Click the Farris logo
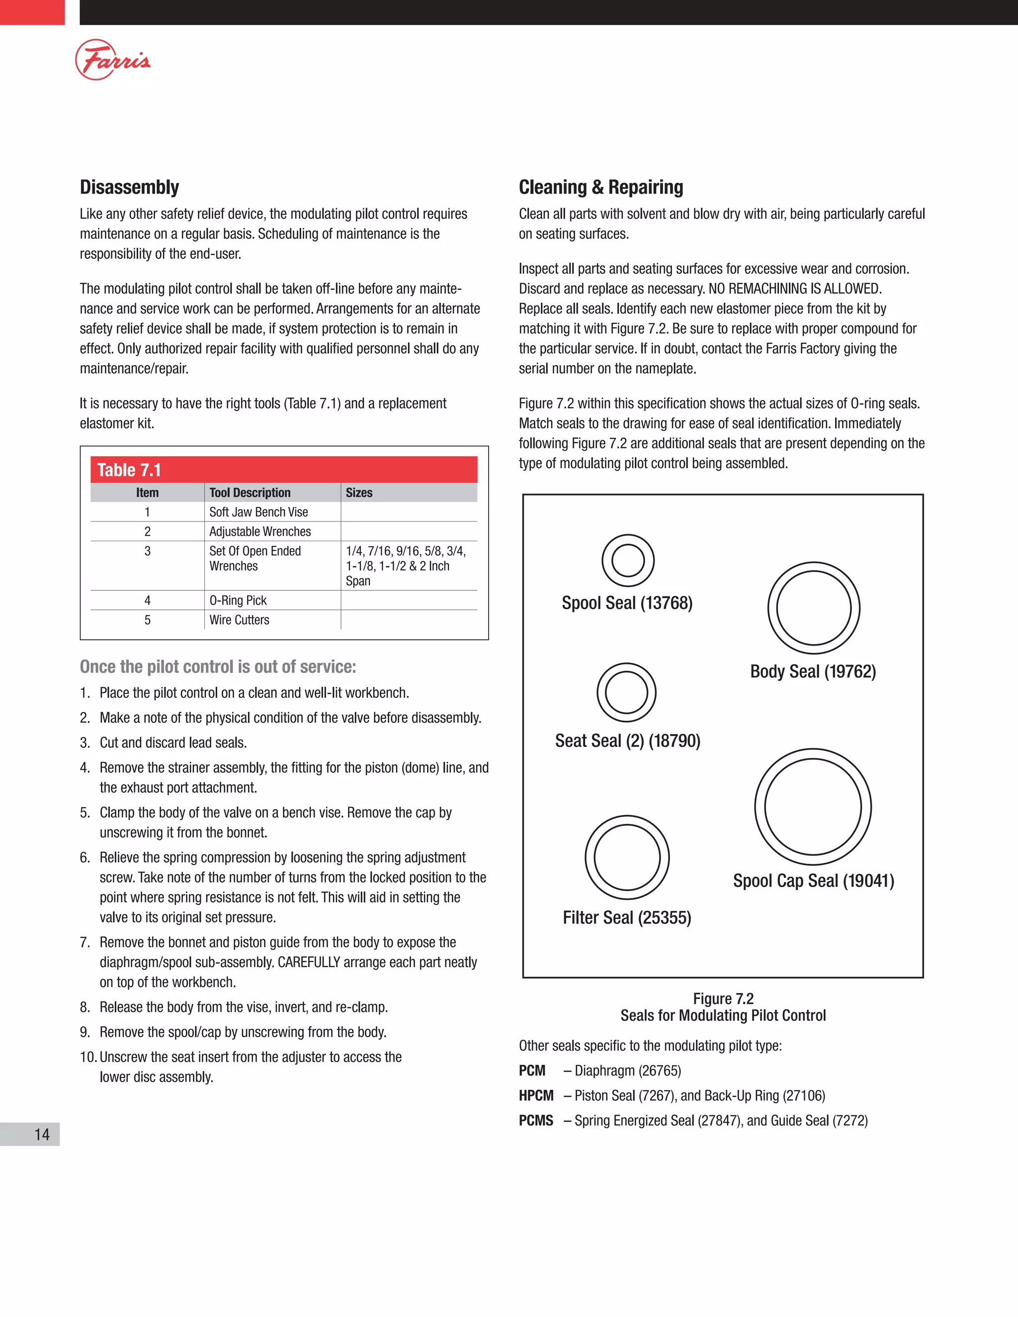click(x=112, y=60)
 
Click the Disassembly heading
click(x=129, y=187)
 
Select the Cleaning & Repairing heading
click(x=600, y=187)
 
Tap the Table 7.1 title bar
click(x=283, y=470)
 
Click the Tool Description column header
click(x=250, y=493)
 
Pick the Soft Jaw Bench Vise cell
click(x=258, y=512)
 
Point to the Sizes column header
click(x=359, y=493)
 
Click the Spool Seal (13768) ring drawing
click(x=628, y=560)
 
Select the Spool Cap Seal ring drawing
click(x=812, y=806)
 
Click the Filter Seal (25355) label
click(x=627, y=917)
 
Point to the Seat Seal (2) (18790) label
click(x=627, y=741)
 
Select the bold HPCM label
click(x=535, y=1096)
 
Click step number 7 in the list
click(x=85, y=942)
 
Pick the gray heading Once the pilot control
click(x=218, y=666)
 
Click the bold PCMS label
click(x=535, y=1120)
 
